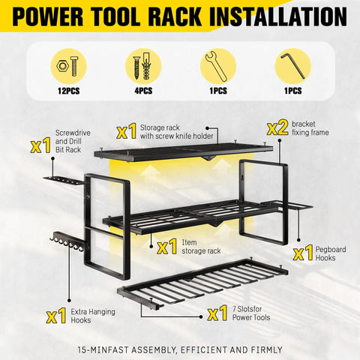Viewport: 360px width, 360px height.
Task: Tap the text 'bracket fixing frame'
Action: (310, 127)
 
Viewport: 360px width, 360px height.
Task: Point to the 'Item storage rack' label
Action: (196, 247)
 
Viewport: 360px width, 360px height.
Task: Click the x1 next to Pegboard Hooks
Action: (303, 253)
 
